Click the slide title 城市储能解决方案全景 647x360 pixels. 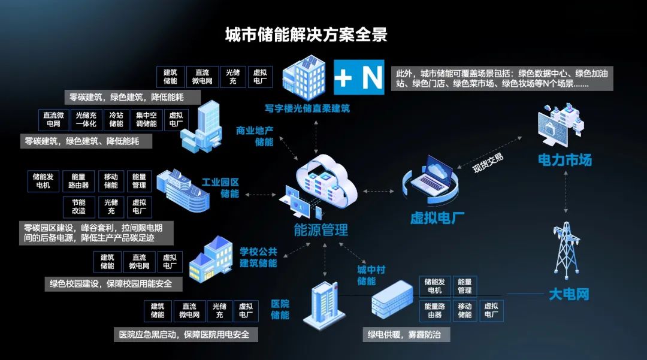pos(306,35)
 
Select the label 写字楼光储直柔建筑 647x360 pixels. pos(307,109)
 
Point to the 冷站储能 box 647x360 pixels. pos(116,119)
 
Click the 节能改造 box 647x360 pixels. pos(78,207)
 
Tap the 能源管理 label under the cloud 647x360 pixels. pos(321,229)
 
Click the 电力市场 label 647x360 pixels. pos(564,160)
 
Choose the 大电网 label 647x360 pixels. pos(569,294)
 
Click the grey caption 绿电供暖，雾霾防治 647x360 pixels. pos(404,334)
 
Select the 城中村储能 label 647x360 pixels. pos(366,274)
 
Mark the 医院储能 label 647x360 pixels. pos(280,309)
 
